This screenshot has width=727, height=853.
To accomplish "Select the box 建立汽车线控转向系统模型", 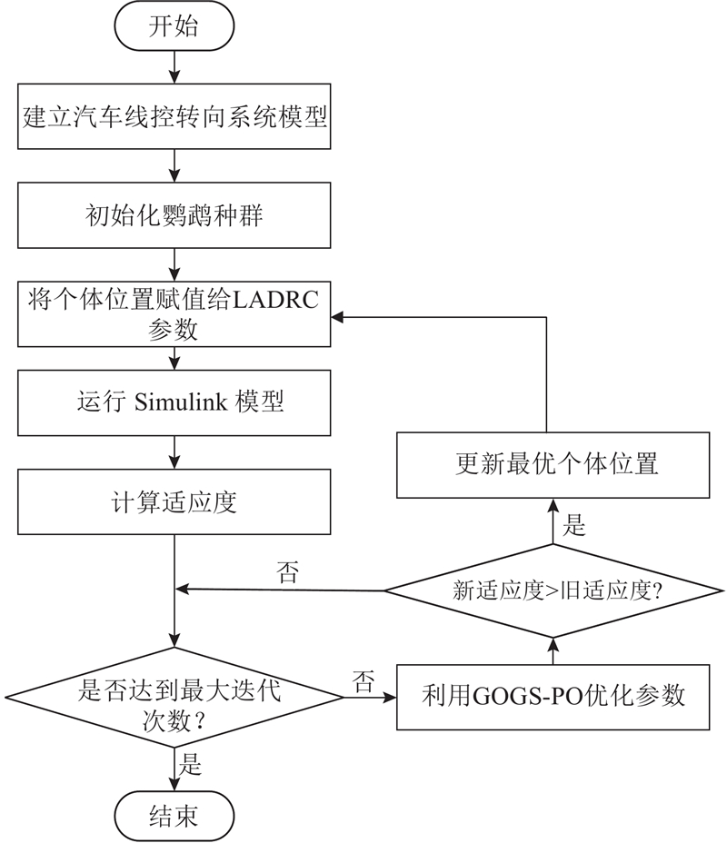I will [x=173, y=117].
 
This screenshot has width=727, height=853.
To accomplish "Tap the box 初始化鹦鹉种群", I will [x=173, y=216].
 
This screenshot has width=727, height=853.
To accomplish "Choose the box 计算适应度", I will [x=173, y=501].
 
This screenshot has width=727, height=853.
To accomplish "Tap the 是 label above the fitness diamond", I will [x=575, y=526].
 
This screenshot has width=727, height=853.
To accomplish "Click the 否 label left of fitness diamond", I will [x=288, y=572].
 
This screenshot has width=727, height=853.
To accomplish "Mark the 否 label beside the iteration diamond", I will [x=363, y=683].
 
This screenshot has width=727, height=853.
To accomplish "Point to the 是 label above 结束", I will [x=193, y=764].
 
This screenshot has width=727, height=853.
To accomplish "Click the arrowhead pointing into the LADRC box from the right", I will [x=335, y=316].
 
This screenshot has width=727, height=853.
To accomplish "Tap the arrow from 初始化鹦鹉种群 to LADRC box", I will [x=173, y=265].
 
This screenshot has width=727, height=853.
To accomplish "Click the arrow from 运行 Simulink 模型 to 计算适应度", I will [x=173, y=452].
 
